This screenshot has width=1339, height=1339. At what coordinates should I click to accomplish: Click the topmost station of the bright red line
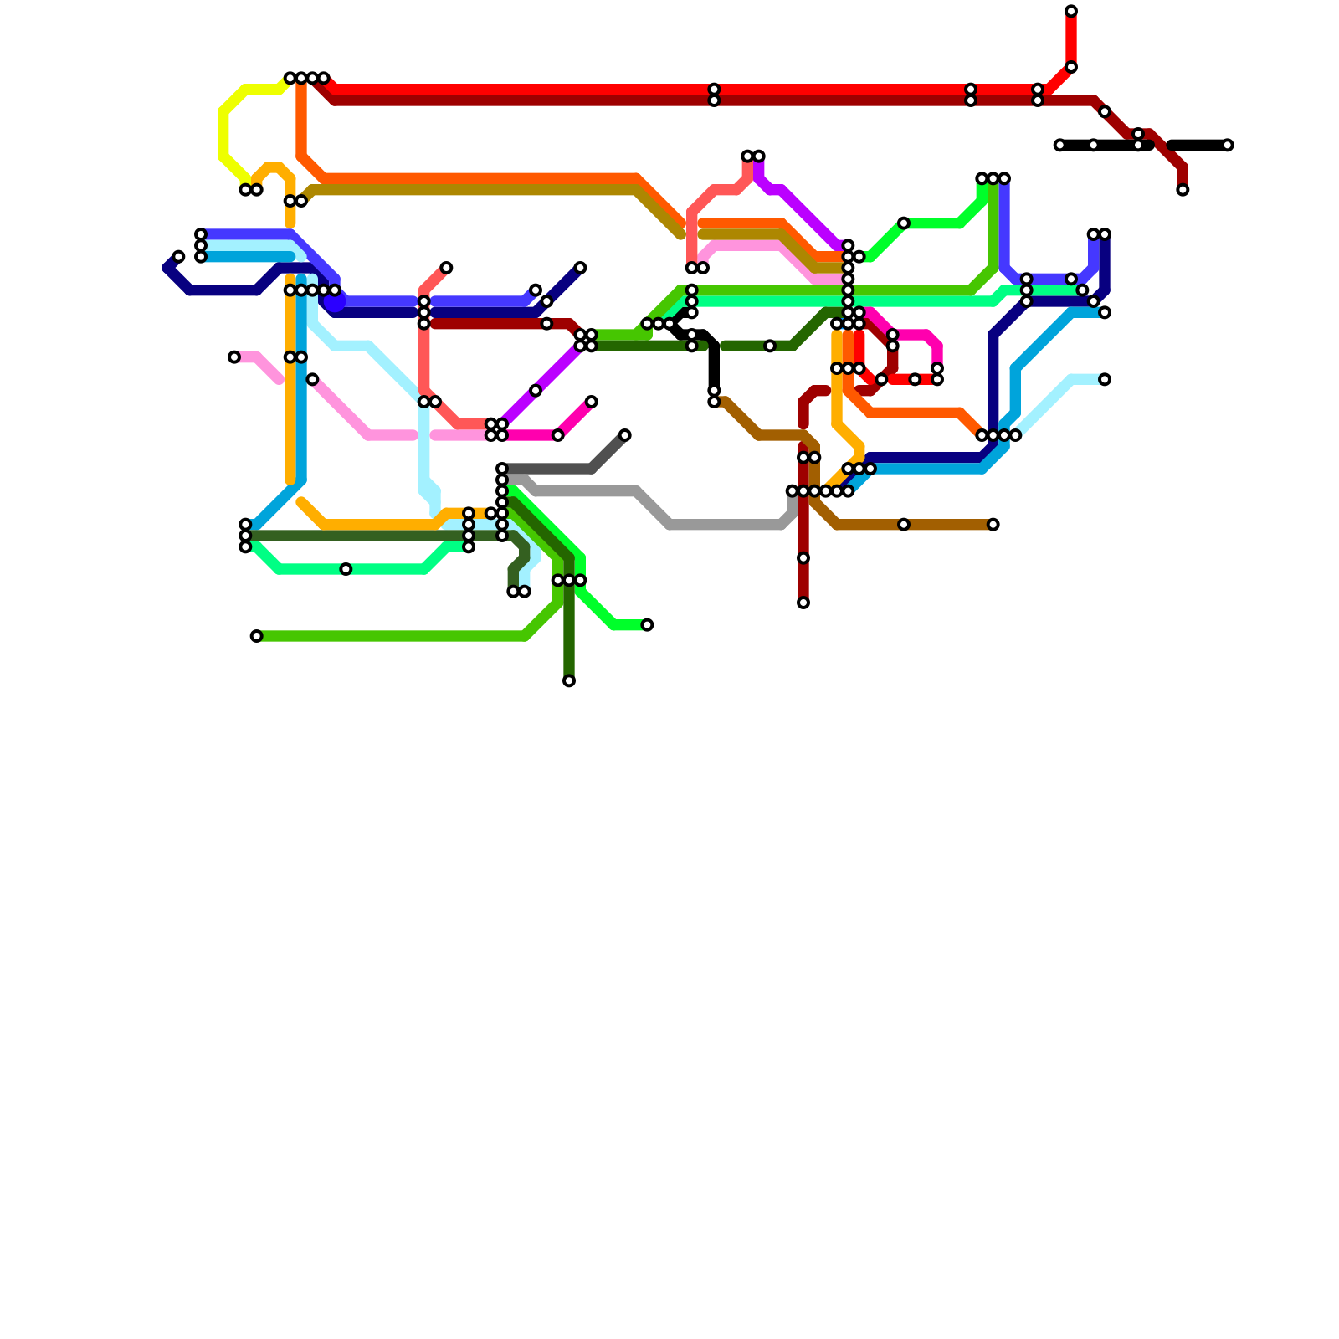[1071, 11]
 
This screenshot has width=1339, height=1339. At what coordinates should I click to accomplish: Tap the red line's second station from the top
[1071, 67]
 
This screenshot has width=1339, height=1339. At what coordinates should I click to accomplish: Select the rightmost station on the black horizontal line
[1228, 145]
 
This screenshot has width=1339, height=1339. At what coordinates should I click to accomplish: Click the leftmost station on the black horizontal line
[1059, 145]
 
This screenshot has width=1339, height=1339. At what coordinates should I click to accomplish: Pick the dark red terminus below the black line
[1183, 190]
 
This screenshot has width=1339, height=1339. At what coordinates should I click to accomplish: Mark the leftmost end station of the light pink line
[234, 357]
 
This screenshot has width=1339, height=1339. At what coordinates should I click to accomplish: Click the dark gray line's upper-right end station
[625, 435]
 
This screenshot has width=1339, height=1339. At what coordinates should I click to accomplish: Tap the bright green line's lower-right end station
[647, 625]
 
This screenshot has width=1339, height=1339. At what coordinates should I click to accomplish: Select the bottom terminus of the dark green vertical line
[569, 681]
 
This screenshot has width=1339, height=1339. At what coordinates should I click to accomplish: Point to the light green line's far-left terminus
[256, 636]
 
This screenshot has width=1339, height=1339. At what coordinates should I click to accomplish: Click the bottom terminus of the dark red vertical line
[803, 603]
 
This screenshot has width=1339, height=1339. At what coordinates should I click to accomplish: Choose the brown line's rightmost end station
[993, 525]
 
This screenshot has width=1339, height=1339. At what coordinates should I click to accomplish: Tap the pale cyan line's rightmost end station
[1105, 379]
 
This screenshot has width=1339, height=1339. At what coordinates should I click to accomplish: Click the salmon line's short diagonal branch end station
[447, 268]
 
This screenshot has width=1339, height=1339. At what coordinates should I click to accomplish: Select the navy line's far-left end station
[178, 256]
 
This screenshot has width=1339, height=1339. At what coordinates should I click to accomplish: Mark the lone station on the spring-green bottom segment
[346, 569]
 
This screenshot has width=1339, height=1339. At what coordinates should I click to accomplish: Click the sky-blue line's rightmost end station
[1105, 312]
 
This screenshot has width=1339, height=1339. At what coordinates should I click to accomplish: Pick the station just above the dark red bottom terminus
[803, 558]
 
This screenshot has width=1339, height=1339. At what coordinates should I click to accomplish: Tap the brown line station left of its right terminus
[904, 525]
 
